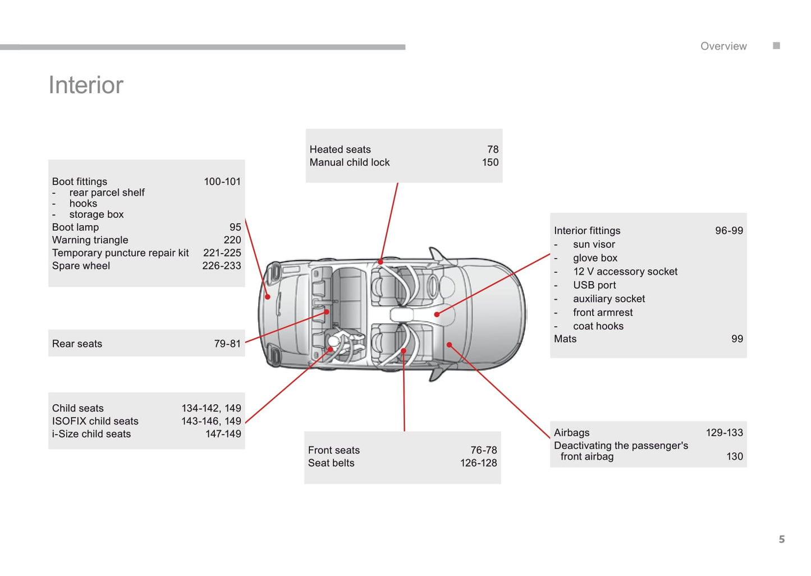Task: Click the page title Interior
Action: [x=86, y=85]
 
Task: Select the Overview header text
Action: [x=723, y=47]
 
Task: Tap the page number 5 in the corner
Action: [x=781, y=539]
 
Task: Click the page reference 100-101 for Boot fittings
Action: [x=222, y=181]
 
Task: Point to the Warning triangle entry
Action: [x=90, y=240]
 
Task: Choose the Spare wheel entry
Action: [x=81, y=266]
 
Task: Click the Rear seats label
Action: [x=77, y=344]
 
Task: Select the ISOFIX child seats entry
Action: [x=95, y=421]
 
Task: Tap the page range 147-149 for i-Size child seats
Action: [x=223, y=434]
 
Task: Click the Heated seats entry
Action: [x=340, y=149]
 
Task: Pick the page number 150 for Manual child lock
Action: [x=490, y=162]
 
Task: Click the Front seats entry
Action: [x=334, y=450]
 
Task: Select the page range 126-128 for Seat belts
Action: [x=479, y=463]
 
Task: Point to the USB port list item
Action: [x=594, y=285]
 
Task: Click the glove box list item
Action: [x=595, y=258]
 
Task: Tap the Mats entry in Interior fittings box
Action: [x=565, y=339]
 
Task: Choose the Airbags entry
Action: [x=572, y=433]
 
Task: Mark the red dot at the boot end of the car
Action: [x=268, y=296]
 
